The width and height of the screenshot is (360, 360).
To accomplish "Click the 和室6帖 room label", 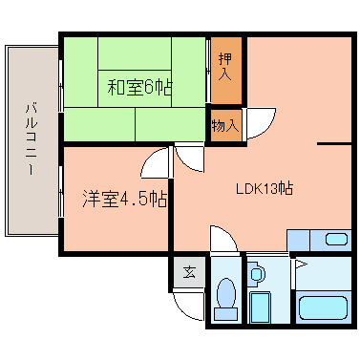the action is point(139,88).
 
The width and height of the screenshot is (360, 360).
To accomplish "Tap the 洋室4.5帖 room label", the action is point(125,199).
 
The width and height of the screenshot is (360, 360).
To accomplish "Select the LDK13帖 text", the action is point(265,188).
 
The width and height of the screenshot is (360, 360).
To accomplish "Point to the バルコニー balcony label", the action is point(31,138).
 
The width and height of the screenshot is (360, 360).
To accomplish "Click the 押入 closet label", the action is point(225,67).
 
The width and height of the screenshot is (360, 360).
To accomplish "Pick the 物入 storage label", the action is point(225,125).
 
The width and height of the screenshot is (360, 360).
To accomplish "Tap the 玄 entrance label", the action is point(189,272).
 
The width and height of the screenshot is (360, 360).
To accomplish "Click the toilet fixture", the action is point(225,299).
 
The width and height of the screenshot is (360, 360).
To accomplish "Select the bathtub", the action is point(323,307).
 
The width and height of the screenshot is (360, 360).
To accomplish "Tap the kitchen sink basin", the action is point(336,239).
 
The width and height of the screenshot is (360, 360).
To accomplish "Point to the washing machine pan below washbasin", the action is point(260,307).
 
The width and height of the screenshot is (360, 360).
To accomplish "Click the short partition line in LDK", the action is point(334,144).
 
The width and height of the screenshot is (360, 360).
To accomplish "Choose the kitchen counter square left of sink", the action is point(298,241).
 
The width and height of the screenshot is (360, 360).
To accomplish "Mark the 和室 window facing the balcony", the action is point(61,86).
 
